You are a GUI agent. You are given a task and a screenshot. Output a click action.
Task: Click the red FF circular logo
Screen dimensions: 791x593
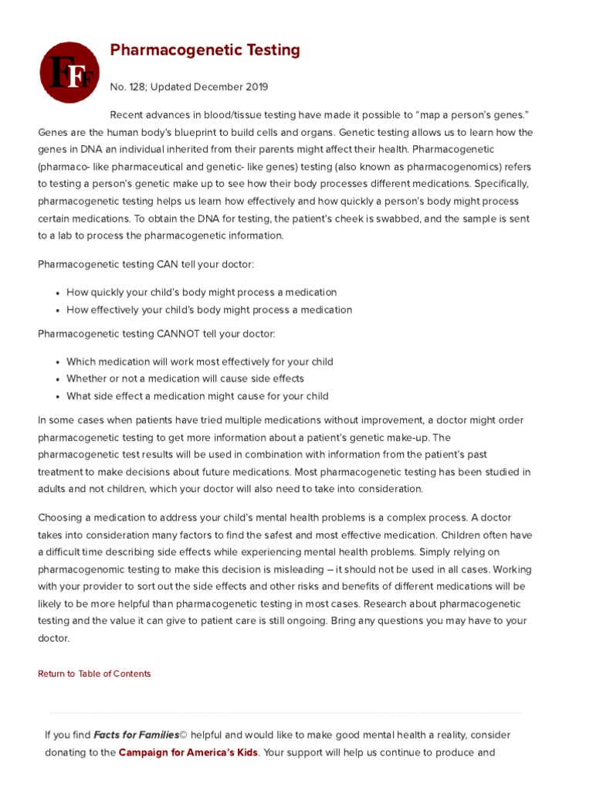point(69,73)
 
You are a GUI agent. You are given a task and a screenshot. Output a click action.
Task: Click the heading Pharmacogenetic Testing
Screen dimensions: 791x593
point(205,51)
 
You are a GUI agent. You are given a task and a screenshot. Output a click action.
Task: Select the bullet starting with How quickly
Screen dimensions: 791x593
point(202,293)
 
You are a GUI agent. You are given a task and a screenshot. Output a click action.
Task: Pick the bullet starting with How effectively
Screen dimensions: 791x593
point(209,310)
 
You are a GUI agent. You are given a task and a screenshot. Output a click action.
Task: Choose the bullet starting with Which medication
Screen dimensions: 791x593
point(200,362)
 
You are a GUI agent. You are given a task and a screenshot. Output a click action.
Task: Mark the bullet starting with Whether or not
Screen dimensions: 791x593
point(185,379)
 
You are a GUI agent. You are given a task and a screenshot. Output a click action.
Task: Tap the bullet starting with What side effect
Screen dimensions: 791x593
point(198,396)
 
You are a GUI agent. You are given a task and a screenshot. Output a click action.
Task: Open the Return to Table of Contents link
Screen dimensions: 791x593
point(94,674)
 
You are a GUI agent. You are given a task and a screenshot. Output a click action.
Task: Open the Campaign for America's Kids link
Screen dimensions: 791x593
point(188,752)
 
